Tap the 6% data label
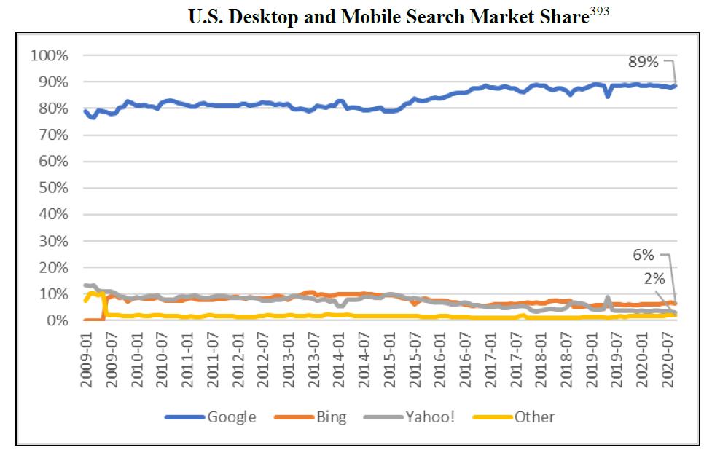coord(643,256)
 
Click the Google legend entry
coord(231,417)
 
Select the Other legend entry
coord(534,417)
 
